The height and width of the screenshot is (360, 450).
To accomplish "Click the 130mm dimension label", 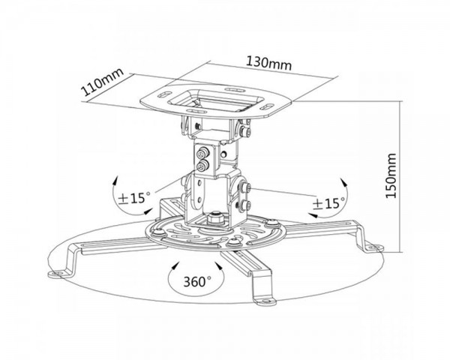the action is [x=269, y=64].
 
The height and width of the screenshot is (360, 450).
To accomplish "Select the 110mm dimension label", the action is [x=102, y=82].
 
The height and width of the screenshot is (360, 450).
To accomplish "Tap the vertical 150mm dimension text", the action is [x=391, y=175].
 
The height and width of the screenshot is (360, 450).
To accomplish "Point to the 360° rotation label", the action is [x=197, y=282].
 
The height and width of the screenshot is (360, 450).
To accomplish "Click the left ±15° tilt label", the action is [x=134, y=198].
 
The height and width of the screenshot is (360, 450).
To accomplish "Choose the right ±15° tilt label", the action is [x=329, y=203].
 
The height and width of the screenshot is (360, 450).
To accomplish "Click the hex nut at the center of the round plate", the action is [x=215, y=218].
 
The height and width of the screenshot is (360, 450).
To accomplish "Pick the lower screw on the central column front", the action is [x=202, y=166].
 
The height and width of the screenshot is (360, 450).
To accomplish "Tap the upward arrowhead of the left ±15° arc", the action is [x=115, y=181].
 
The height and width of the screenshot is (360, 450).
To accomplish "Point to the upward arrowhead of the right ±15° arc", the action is [x=344, y=182].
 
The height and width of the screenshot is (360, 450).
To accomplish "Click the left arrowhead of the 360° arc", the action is [x=174, y=265].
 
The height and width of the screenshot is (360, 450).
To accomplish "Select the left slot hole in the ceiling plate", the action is [x=164, y=94].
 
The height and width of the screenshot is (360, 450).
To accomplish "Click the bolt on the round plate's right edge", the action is [x=271, y=223].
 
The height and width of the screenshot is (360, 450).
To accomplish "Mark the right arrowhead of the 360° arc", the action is [x=219, y=265].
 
